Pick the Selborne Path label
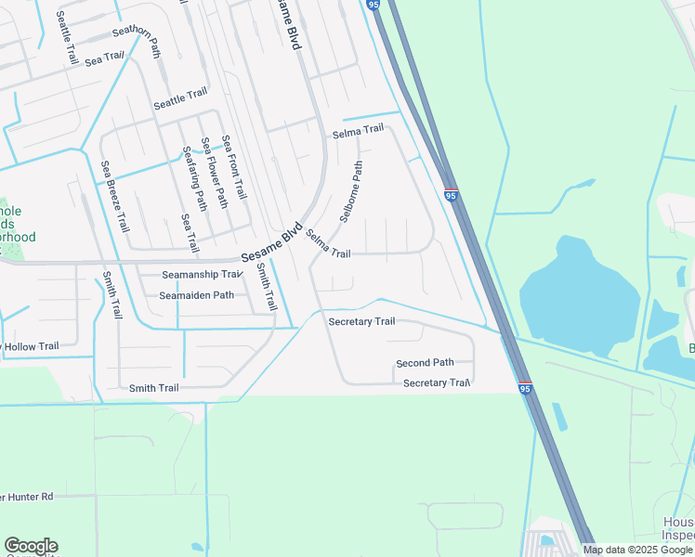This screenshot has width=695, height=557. pyautogui.click(x=351, y=191)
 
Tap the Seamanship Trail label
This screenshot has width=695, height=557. pyautogui.click(x=202, y=275)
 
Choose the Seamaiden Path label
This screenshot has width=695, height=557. pyautogui.click(x=196, y=295)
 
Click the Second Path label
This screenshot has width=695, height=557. pyautogui.click(x=425, y=363)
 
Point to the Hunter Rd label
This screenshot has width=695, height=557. pyautogui.click(x=27, y=497)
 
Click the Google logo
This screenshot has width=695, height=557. pyautogui.click(x=31, y=546)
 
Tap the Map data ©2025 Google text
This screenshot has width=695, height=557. pyautogui.click(x=638, y=550)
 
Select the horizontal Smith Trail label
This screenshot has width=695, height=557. pyautogui.click(x=153, y=388)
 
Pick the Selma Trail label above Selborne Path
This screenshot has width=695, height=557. pyautogui.click(x=358, y=131)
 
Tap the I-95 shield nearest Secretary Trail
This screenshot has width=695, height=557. pyautogui.click(x=525, y=389)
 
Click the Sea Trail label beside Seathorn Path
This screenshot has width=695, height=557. pyautogui.click(x=104, y=58)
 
